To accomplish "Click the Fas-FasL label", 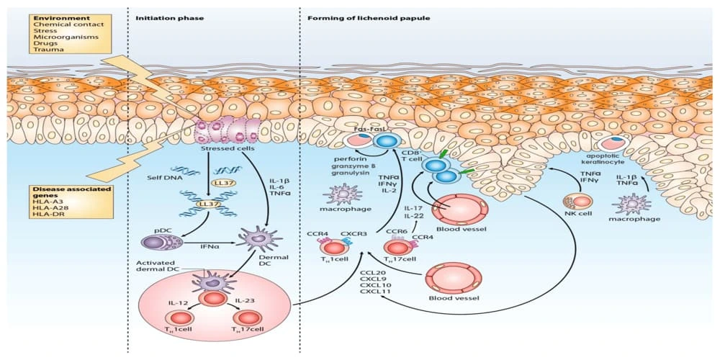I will click(369, 129).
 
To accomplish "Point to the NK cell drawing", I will click(572, 200).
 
